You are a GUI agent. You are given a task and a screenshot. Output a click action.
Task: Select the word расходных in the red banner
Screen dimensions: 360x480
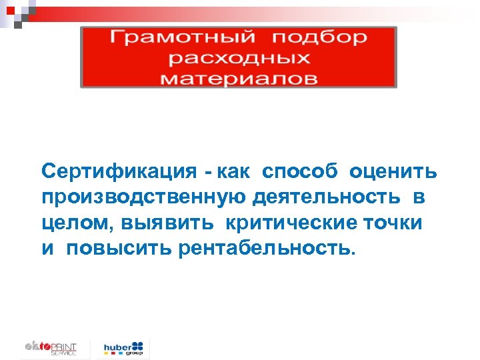coord(239,58)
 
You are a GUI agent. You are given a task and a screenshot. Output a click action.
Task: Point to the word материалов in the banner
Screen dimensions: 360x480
coord(239,78)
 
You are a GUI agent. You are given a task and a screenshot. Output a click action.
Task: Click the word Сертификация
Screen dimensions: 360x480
coord(115,173)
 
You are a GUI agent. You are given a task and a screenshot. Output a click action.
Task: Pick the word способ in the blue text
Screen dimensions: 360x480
coord(301,173)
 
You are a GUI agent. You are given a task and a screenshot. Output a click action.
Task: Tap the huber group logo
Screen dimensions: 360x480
coord(124,348)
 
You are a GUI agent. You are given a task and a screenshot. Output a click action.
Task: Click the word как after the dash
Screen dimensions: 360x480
coord(233,173)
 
